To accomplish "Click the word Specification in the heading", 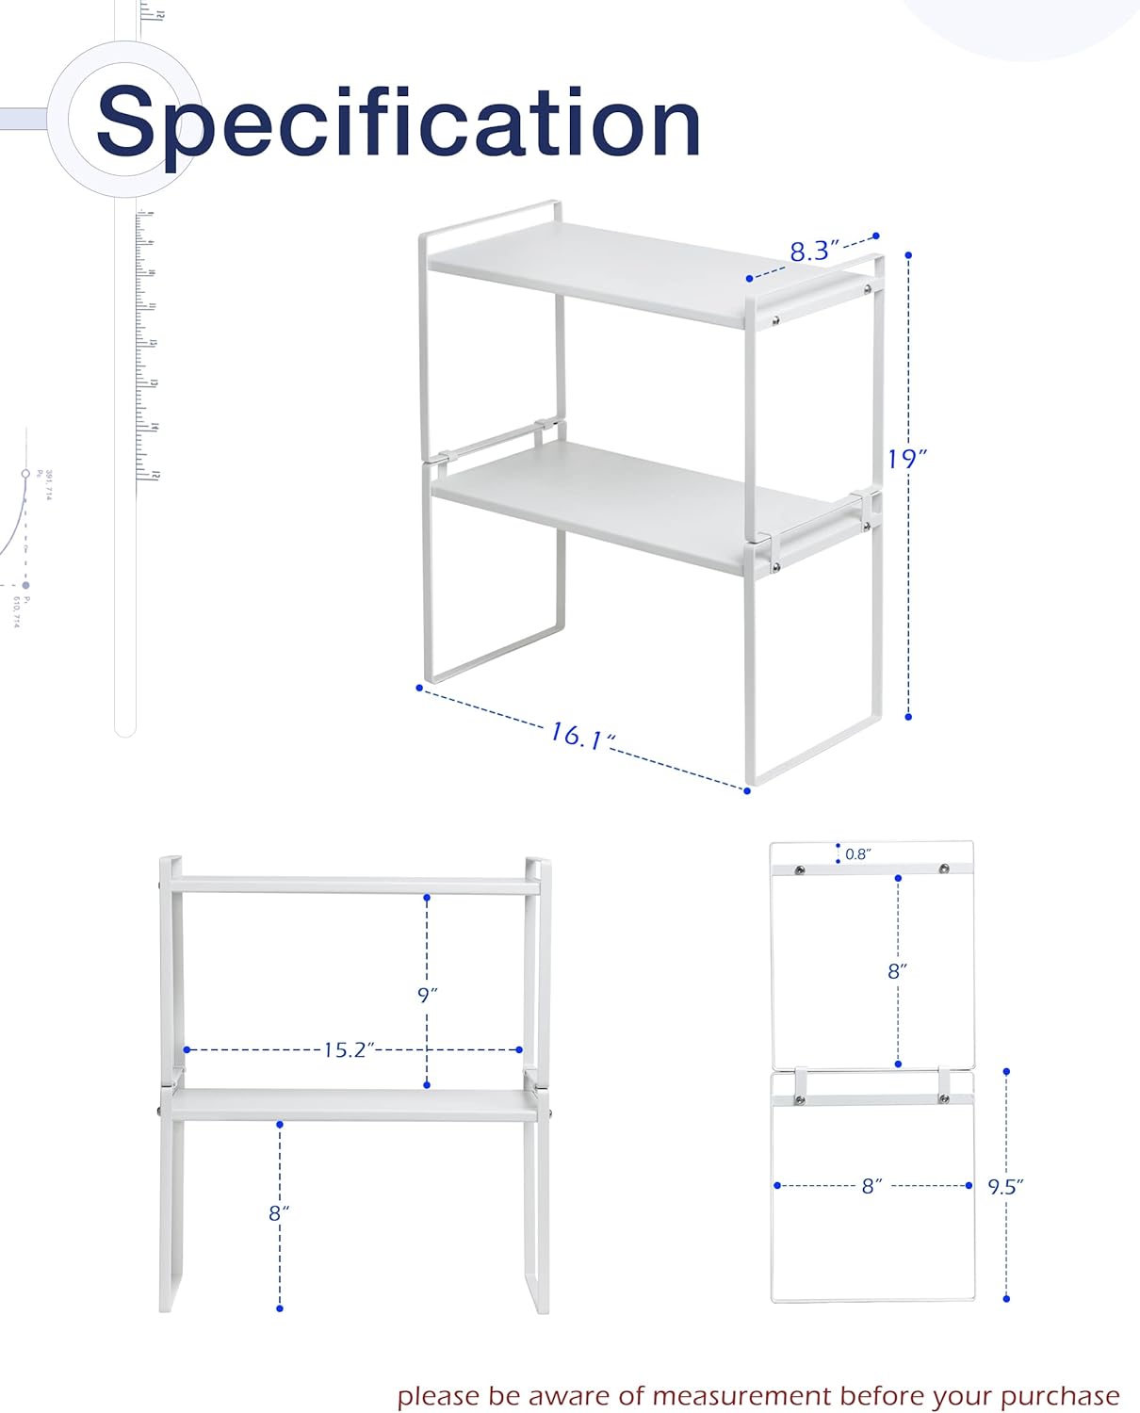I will click(398, 122).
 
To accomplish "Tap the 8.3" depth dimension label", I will click(813, 251).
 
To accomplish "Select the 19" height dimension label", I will click(906, 459).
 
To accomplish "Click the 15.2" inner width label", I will click(349, 1049).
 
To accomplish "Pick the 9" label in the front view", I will click(428, 995).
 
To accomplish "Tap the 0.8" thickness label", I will click(857, 854).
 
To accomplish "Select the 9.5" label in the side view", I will click(1005, 1187).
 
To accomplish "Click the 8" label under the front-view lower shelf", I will click(279, 1213).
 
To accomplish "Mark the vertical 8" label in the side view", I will click(897, 970).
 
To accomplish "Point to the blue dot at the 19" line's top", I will click(908, 254).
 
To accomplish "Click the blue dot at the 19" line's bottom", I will click(908, 717).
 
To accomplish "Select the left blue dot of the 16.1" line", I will click(419, 688).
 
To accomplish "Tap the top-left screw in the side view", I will click(800, 869).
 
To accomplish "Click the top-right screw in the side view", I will click(944, 869).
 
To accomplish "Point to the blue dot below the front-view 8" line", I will click(280, 1308).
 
